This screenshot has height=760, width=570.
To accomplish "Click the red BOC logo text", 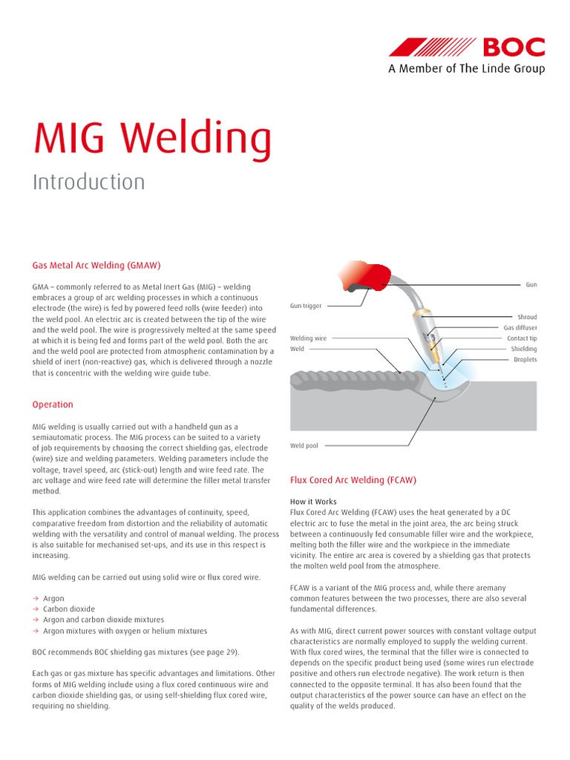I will (x=514, y=47).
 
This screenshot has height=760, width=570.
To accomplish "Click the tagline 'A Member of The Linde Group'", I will (x=466, y=69).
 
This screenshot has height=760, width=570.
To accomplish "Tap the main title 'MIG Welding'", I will (x=151, y=139).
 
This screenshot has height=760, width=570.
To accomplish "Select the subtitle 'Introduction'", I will (x=88, y=182).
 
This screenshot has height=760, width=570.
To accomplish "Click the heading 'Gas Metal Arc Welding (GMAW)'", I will (x=96, y=265).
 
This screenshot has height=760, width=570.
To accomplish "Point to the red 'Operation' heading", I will (x=53, y=404).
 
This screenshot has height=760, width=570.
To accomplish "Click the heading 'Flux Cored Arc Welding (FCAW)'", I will (x=353, y=480).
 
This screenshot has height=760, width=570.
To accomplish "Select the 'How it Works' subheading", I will (x=313, y=502).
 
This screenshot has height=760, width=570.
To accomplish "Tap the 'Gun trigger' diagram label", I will (x=306, y=306).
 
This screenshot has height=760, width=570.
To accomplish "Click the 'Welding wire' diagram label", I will (x=308, y=338).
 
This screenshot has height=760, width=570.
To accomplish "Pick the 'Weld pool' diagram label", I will (x=304, y=446).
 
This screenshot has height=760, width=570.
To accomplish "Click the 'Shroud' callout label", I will (x=527, y=317).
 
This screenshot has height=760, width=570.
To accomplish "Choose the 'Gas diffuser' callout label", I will (x=520, y=327).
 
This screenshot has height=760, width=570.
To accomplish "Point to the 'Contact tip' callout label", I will (x=522, y=338).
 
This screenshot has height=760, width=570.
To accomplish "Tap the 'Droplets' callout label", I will (x=525, y=360).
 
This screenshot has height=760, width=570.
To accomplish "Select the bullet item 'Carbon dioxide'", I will (x=65, y=609).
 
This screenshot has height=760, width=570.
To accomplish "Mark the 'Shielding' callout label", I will (x=523, y=349).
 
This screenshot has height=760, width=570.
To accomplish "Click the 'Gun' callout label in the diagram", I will (x=531, y=285).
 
